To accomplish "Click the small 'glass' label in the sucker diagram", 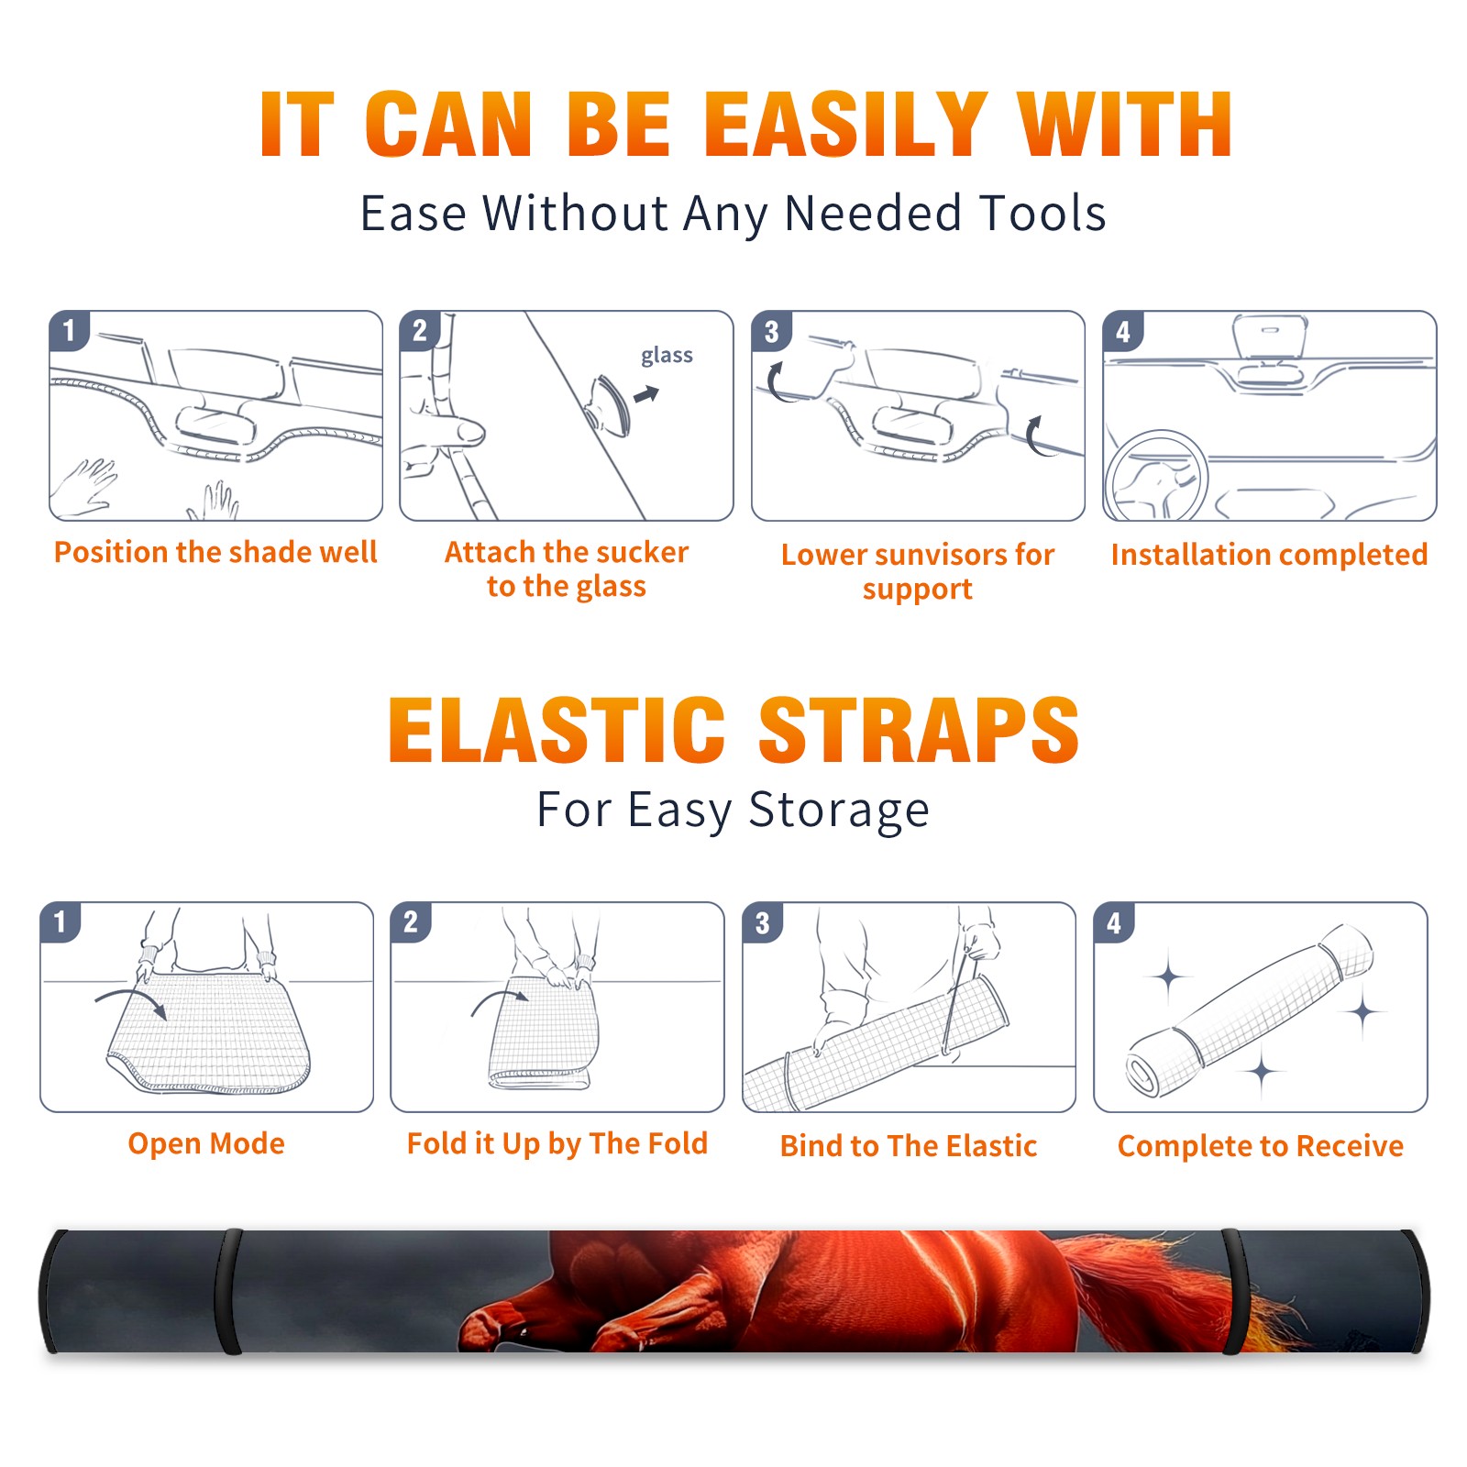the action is pyautogui.click(x=667, y=356).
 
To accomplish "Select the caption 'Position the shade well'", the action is pyautogui.click(x=215, y=552).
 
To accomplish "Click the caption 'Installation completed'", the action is pyautogui.click(x=1269, y=554).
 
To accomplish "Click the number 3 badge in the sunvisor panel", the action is pyautogui.click(x=771, y=332).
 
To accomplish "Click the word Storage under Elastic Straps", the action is pyautogui.click(x=839, y=810).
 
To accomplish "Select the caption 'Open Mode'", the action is pyautogui.click(x=206, y=1143).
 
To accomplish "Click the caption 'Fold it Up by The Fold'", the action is pyautogui.click(x=557, y=1143).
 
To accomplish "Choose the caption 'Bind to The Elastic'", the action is pyautogui.click(x=909, y=1146).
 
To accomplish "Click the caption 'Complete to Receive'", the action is pyautogui.click(x=1261, y=1146).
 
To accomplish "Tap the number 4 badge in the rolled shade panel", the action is pyautogui.click(x=1114, y=922).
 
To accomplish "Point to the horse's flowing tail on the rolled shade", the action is pyautogui.click(x=1174, y=1288).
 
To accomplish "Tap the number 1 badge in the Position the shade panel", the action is pyautogui.click(x=69, y=330).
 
